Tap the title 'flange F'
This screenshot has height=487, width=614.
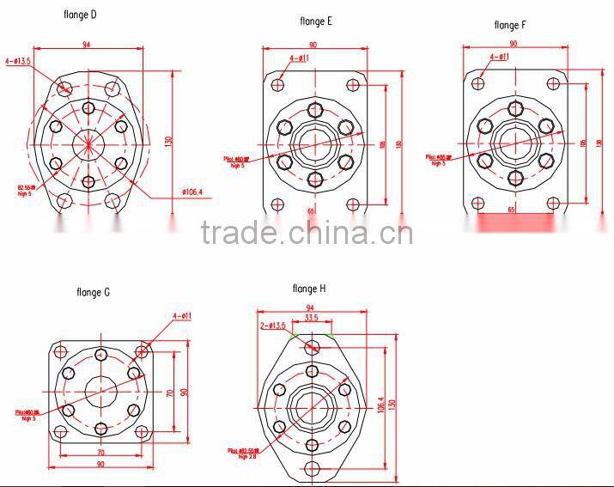(509, 25)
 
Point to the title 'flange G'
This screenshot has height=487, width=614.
(94, 293)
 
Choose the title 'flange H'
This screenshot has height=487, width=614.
(309, 289)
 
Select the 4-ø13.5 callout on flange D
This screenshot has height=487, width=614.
(19, 61)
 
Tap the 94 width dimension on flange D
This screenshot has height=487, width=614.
(87, 44)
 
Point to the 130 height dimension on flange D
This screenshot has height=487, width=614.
(169, 138)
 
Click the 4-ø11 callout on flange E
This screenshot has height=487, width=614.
(300, 58)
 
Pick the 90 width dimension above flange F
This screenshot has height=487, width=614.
(514, 43)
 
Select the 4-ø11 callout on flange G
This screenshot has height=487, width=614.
(181, 316)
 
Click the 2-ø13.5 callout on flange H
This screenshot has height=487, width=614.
(272, 326)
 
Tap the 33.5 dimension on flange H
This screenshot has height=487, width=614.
(312, 318)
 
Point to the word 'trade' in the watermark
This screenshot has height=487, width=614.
(237, 233)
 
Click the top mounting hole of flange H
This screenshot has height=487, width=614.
(312, 346)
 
